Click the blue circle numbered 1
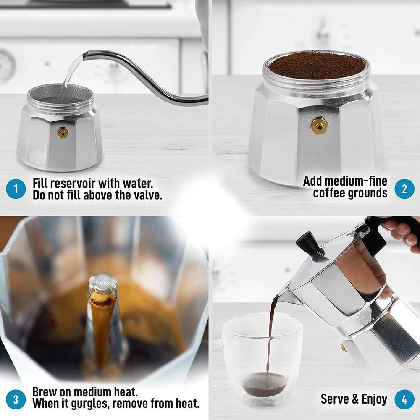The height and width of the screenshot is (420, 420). point(16,189)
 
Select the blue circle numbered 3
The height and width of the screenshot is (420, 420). point(16,399)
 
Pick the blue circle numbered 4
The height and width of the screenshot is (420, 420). point(404,399)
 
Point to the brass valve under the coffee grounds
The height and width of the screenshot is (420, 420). point(318,125)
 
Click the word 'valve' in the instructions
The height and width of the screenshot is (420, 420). point(146,196)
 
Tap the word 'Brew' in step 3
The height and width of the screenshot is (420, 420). point(45,392)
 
